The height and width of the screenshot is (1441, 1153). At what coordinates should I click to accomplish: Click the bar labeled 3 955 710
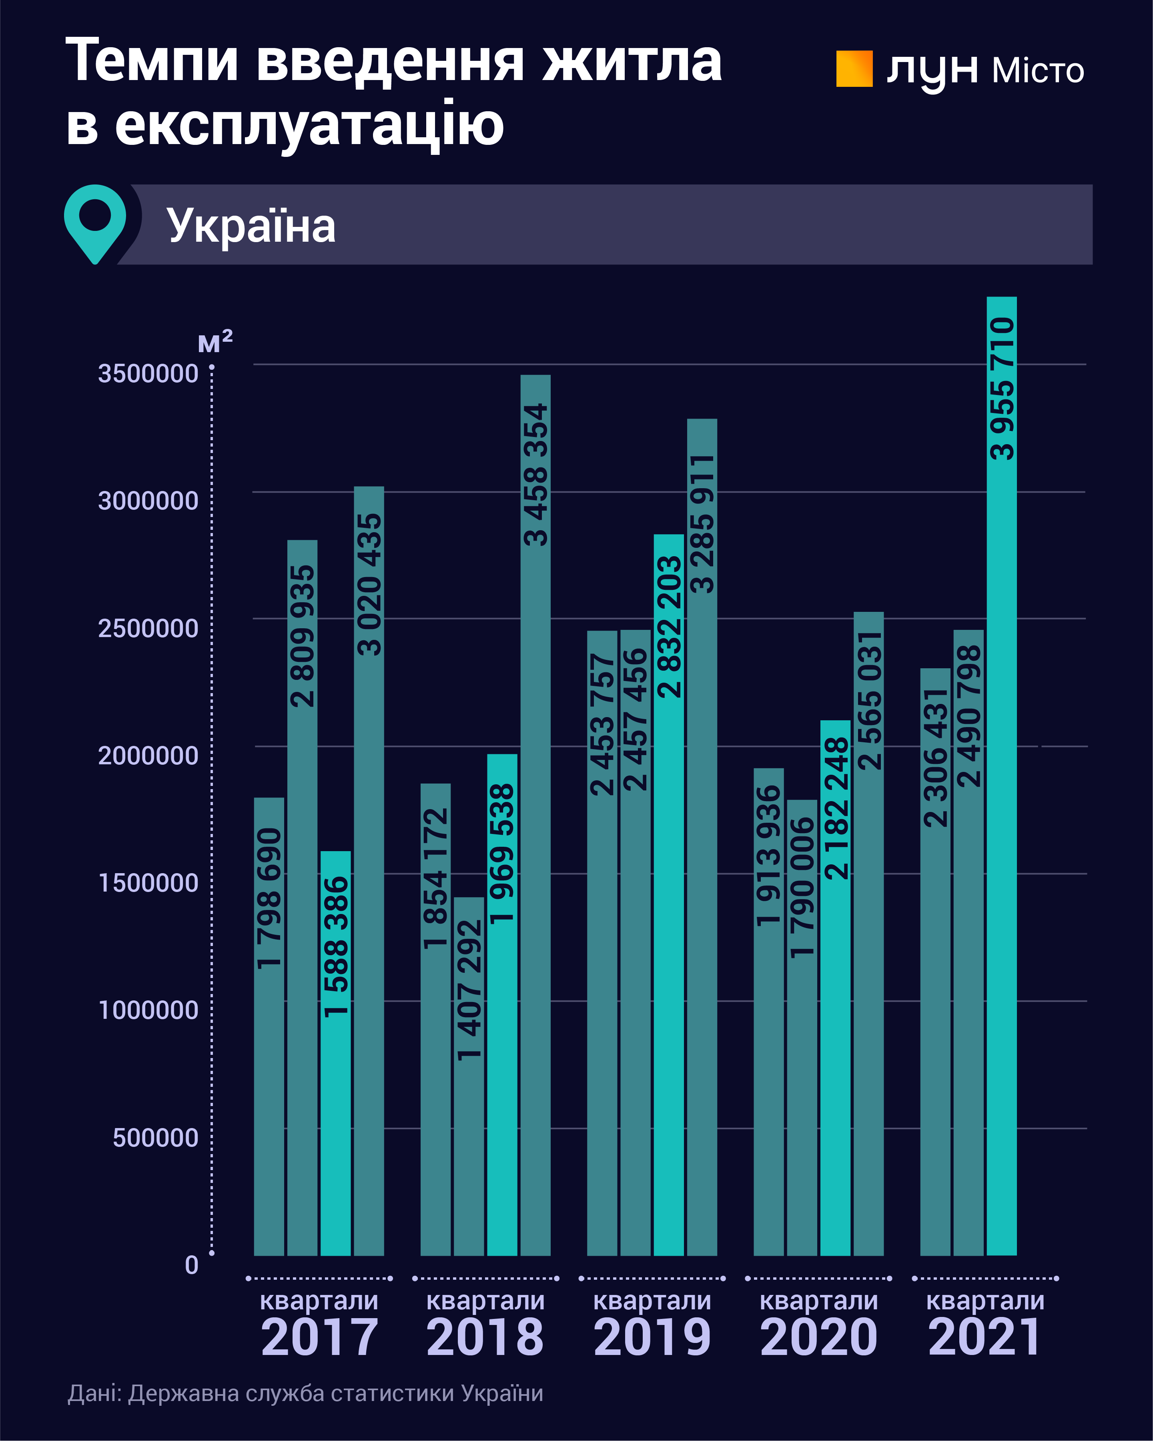click(1001, 775)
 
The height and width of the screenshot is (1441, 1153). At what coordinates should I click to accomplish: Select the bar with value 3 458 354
click(535, 816)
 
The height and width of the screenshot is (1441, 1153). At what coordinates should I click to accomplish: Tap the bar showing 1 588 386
click(335, 1053)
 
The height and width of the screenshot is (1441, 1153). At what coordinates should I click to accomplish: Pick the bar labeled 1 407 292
click(469, 1076)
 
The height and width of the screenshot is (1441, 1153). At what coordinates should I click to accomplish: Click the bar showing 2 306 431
click(935, 962)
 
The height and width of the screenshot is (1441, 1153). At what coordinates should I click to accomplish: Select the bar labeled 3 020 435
click(369, 869)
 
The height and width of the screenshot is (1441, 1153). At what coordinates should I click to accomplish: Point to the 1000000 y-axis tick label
click(148, 1010)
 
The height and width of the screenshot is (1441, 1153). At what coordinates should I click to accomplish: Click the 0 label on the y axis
click(192, 1265)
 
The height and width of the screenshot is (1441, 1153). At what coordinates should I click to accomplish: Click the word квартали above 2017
click(319, 1301)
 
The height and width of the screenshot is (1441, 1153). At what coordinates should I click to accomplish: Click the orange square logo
click(854, 69)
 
